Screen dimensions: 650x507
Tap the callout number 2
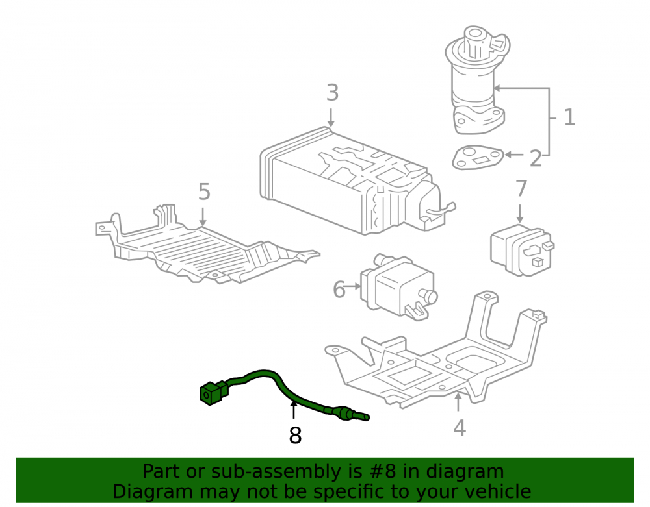point(536,158)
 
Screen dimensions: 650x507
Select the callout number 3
point(332,93)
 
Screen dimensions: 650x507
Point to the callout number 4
point(460,428)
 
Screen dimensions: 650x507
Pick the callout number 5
point(204,192)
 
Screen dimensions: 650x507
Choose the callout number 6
point(339,290)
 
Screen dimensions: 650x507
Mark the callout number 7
point(521,188)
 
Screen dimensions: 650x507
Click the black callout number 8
point(295,436)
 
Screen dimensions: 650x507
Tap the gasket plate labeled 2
point(478,157)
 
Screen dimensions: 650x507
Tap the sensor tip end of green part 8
point(366,417)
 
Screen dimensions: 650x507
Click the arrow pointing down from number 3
point(331,117)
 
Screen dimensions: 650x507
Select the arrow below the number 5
point(203,217)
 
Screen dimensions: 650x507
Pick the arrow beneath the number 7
point(520,214)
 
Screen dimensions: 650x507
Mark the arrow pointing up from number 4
point(458,402)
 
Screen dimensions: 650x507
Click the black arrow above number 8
point(294,410)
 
